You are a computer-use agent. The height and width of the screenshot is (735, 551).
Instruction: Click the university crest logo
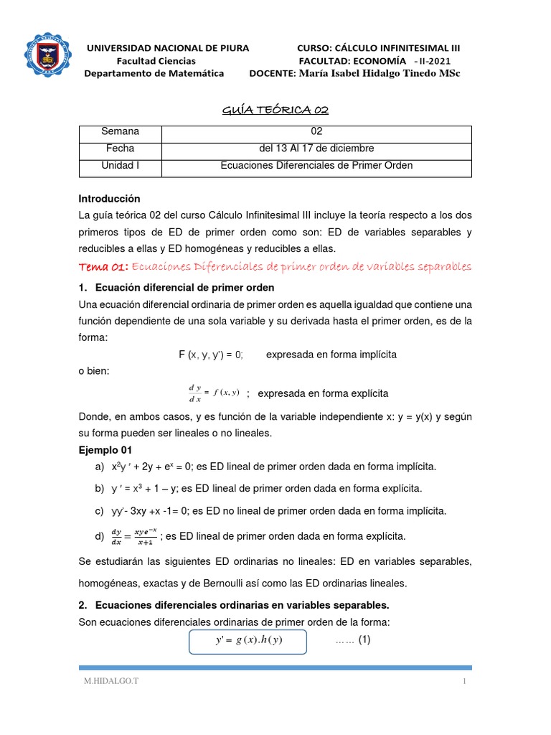point(48,55)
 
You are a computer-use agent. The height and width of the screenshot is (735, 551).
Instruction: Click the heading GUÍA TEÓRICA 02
point(275,109)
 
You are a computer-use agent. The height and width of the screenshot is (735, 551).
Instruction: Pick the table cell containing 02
point(316,131)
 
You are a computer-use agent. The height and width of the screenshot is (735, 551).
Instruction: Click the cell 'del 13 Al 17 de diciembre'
point(316,149)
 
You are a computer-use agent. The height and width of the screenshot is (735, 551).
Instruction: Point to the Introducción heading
point(109,198)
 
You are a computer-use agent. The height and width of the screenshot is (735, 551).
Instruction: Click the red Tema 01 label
point(103,267)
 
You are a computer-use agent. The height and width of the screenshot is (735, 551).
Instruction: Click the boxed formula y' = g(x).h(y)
point(248,641)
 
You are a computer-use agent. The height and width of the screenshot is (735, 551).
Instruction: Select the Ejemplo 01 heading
point(105,450)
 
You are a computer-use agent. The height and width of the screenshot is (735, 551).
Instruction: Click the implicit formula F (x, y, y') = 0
point(211,355)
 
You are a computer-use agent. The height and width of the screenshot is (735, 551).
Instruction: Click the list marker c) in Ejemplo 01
point(98,511)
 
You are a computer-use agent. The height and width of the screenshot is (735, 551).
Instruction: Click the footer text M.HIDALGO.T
point(108,681)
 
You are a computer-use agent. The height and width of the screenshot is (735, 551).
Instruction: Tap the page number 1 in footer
point(465,681)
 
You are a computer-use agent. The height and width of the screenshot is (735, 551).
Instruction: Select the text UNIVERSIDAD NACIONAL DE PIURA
point(168,48)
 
